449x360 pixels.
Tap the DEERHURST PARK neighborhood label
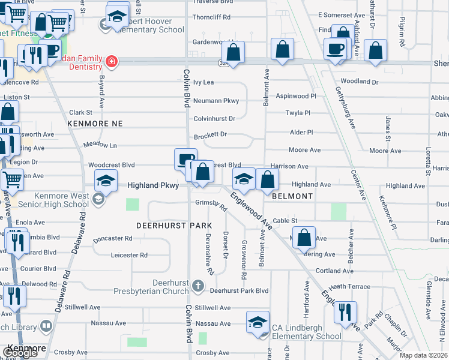pos(174,226)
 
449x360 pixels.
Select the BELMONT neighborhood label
pos(292,196)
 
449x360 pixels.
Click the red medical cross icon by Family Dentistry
pos(111,61)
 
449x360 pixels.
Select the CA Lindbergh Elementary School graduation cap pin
pos(258,322)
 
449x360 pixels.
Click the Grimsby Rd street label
pos(211,205)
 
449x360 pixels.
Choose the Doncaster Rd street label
pos(112,238)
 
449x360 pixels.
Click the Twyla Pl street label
pos(298,112)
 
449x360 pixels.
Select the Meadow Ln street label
pos(100,145)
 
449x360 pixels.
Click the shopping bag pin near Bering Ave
pos(305,238)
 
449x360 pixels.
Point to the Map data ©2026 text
pos(423,355)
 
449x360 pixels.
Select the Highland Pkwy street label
pos(153,186)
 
